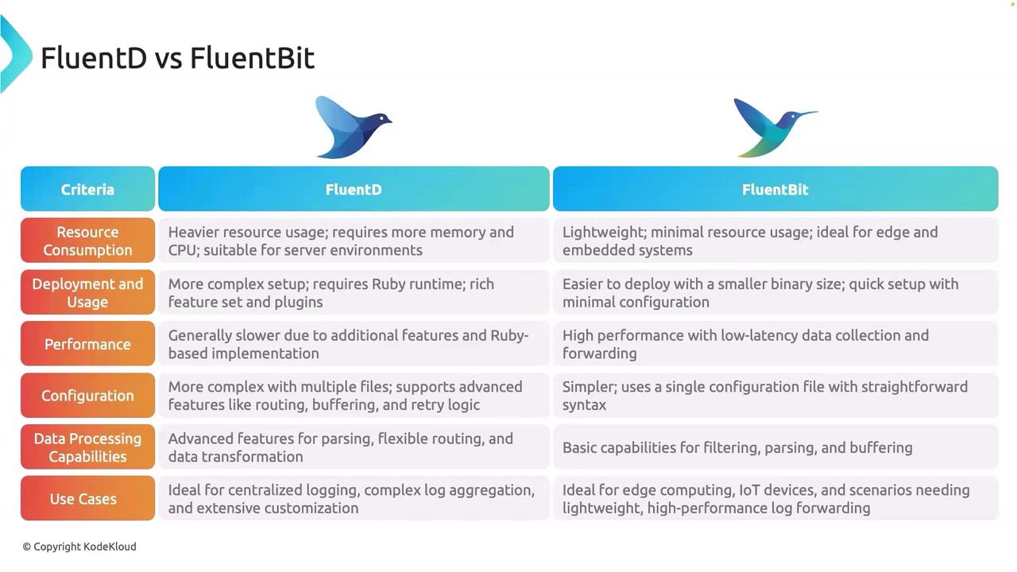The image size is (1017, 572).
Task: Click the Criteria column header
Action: pyautogui.click(x=87, y=189)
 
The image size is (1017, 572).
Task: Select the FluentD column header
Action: pyautogui.click(x=354, y=189)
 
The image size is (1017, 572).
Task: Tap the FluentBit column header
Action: pyautogui.click(x=775, y=189)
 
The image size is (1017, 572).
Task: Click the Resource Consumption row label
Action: pyautogui.click(x=87, y=241)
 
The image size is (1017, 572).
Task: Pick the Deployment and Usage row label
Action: pyautogui.click(x=87, y=292)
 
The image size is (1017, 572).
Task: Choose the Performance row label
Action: pyautogui.click(x=87, y=344)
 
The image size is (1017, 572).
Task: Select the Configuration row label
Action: pyautogui.click(x=87, y=396)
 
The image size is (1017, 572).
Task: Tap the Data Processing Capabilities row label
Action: pyautogui.click(x=87, y=447)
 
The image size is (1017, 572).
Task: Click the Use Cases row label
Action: pyautogui.click(x=87, y=498)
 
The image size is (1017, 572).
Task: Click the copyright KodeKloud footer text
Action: pyautogui.click(x=79, y=547)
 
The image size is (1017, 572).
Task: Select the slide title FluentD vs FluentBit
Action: pyautogui.click(x=177, y=58)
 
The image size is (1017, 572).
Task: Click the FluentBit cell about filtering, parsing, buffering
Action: pyautogui.click(x=737, y=447)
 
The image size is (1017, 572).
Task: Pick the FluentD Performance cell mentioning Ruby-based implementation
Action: pyautogui.click(x=348, y=344)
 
